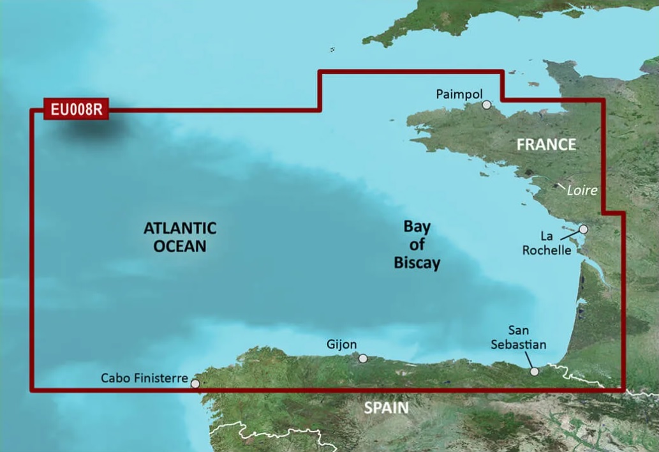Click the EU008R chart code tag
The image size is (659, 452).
tap(76, 109)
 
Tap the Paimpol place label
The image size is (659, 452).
tap(459, 94)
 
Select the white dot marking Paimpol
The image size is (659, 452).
tap(487, 105)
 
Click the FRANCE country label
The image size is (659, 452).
tap(546, 144)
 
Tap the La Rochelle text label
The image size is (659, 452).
tap(547, 243)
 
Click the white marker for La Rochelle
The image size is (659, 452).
tap(583, 229)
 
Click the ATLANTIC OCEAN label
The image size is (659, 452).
tap(180, 237)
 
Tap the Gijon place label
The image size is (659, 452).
tap(341, 344)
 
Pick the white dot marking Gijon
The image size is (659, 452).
tap(363, 359)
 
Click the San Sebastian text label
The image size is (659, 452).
tap(518, 337)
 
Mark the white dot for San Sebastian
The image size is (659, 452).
tap(535, 371)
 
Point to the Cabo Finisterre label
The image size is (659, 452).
tap(144, 378)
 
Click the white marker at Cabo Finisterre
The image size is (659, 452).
tap(195, 384)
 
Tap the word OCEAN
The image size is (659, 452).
tap(180, 246)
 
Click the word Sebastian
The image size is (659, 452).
tap(518, 344)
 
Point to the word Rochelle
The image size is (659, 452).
tap(547, 250)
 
